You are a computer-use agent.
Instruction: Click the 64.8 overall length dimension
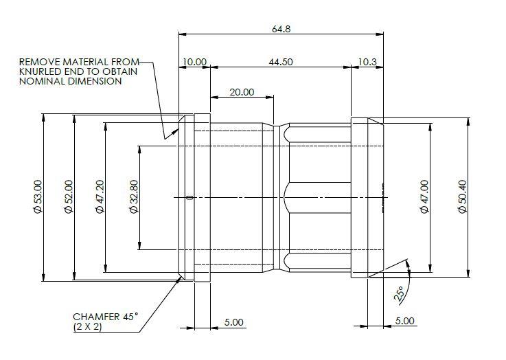pos(281,29)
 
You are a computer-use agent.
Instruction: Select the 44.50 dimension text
pos(281,62)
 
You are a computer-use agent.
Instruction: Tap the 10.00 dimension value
pos(194,62)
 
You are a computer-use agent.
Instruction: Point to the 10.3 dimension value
pos(367,62)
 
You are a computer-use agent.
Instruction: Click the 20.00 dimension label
pos(242,92)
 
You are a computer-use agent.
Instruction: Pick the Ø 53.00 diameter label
pos(38,196)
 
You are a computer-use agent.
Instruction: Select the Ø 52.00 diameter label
pos(69,196)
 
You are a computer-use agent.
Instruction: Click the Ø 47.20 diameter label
pos(100,196)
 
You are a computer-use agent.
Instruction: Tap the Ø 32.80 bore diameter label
pos(134,196)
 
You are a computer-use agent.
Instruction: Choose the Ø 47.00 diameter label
pos(425,196)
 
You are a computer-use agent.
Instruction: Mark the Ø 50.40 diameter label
pos(463,196)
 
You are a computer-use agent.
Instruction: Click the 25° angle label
pos(399,294)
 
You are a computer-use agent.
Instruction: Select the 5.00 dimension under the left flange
pos(234,322)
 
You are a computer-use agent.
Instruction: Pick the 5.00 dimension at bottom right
pos(404,321)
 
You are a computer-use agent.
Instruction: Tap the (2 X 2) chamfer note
pos(87,327)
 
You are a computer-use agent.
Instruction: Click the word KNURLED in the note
pos(41,71)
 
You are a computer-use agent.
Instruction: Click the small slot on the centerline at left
pos(190,197)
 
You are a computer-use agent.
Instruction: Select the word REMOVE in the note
pos(39,62)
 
